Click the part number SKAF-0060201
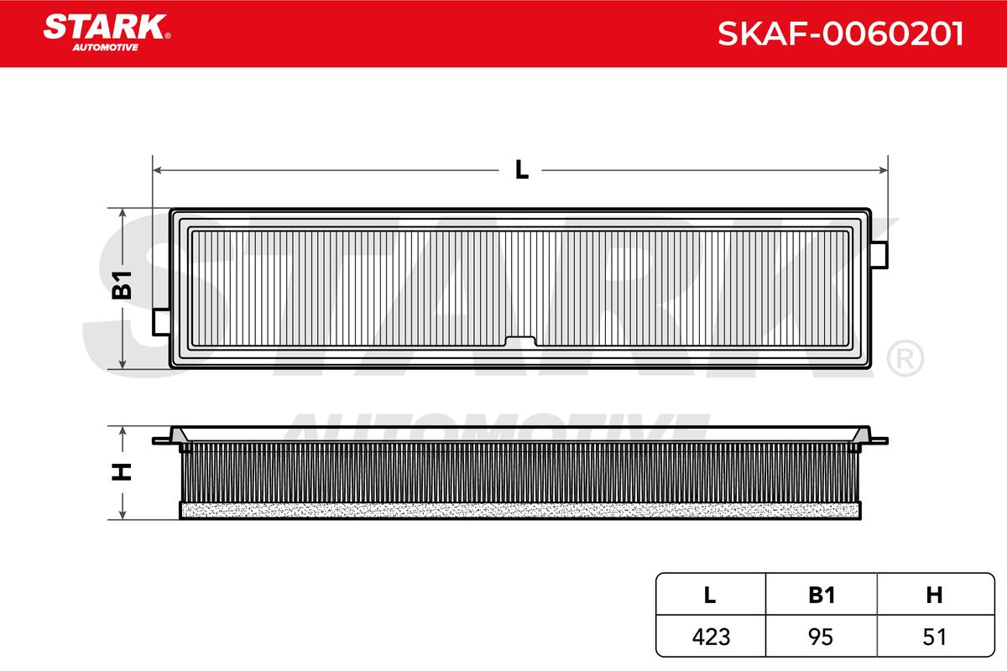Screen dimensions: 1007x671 point(840,34)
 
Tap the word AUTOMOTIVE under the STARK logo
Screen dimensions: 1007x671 point(106,48)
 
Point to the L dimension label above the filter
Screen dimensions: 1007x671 point(521,170)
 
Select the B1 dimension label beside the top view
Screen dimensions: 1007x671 point(122,285)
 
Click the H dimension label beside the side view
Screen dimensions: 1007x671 point(122,471)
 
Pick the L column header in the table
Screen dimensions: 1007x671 point(710,595)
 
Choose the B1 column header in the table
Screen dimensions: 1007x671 point(822,595)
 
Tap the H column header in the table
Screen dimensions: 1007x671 point(934,595)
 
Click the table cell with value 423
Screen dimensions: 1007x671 point(712,637)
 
